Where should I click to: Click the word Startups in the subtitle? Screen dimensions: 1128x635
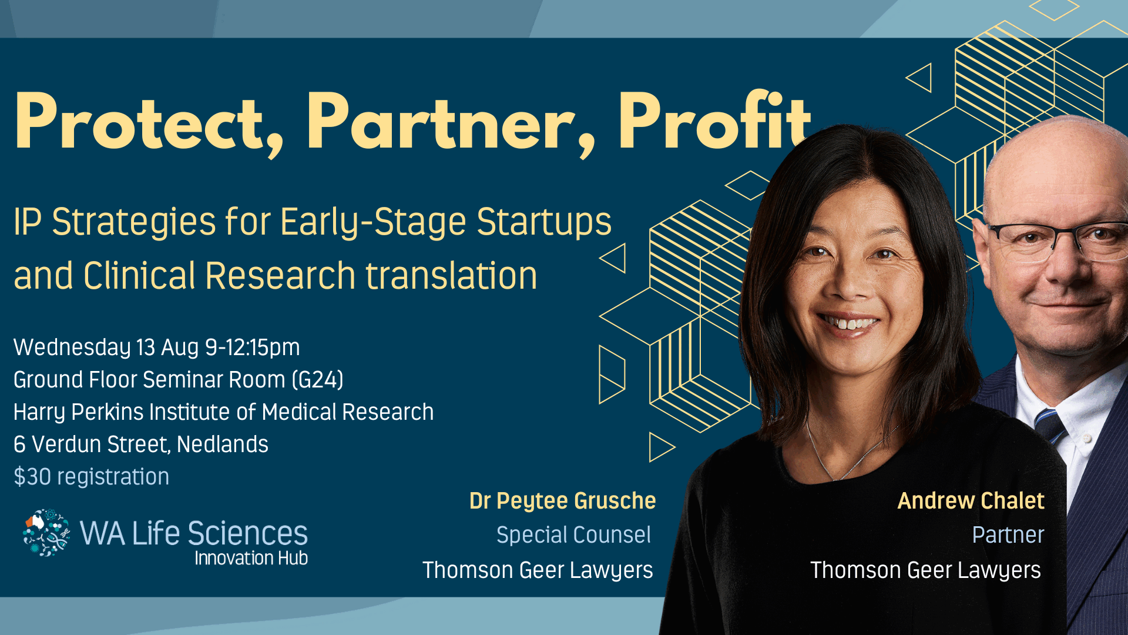tap(544, 222)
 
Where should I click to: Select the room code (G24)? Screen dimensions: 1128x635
tap(317, 380)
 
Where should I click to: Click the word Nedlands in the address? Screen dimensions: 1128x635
tap(223, 444)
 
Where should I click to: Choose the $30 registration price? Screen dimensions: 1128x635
tap(91, 477)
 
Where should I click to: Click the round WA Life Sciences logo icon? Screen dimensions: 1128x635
tap(46, 533)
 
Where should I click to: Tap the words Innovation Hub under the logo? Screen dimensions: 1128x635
tap(251, 558)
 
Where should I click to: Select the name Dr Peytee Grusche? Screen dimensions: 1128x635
tap(562, 501)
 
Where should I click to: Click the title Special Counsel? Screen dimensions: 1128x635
tap(573, 535)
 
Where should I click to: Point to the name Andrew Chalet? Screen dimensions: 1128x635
tap(971, 501)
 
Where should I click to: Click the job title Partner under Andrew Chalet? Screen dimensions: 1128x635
tap(1008, 535)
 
